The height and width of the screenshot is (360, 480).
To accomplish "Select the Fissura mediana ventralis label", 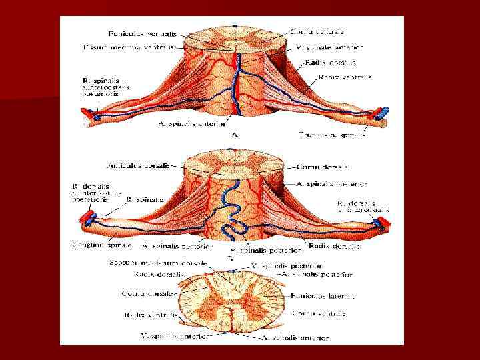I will [129, 47].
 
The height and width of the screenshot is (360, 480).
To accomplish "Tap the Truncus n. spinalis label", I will [332, 135].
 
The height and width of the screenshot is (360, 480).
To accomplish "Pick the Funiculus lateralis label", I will [323, 296].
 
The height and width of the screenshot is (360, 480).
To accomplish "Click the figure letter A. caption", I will [235, 134].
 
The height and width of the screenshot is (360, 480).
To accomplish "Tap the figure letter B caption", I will [230, 257].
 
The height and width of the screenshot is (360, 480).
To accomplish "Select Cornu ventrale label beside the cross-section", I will [319, 313].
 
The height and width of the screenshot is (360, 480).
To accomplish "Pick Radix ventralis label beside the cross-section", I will [151, 315].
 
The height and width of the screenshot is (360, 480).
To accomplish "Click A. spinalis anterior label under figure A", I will [192, 124].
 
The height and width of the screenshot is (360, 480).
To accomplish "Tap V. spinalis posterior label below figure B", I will [265, 251].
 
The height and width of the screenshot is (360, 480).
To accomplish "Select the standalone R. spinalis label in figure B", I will [145, 199].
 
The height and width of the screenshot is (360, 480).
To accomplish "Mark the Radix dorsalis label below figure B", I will [334, 246].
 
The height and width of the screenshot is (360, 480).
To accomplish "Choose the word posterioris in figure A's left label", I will [101, 94].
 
